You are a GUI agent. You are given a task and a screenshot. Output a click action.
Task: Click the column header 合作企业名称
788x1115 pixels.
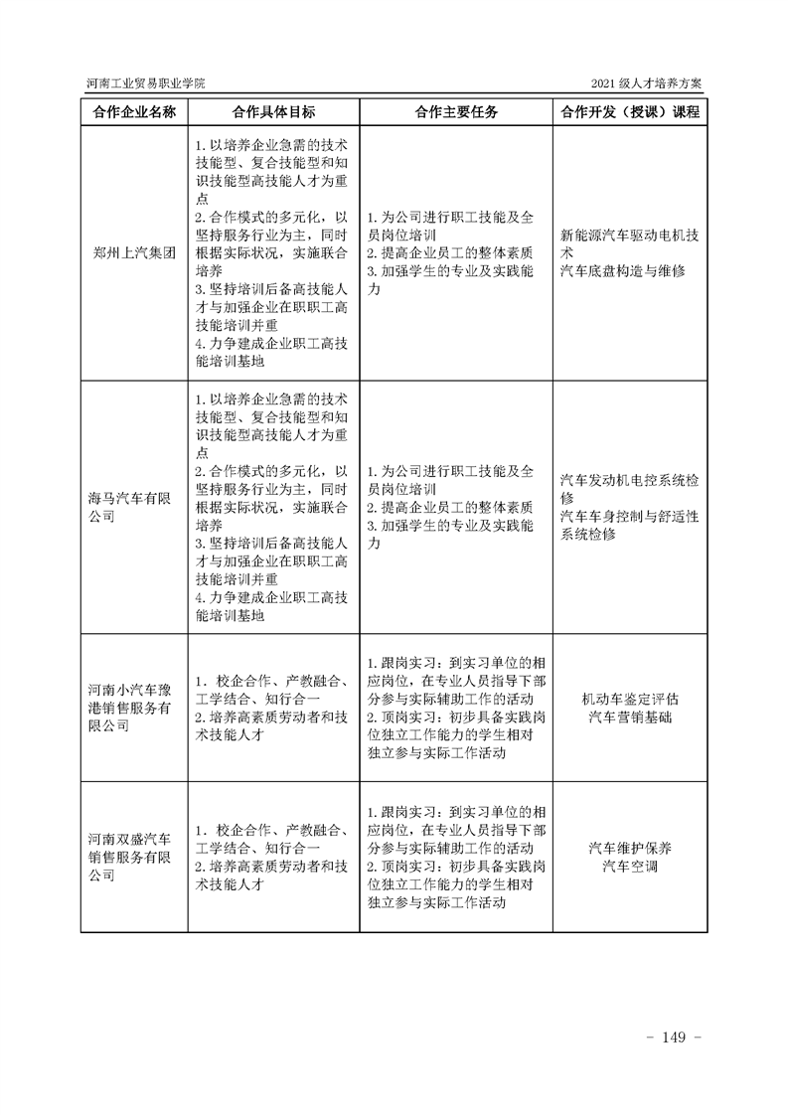coord(132,112)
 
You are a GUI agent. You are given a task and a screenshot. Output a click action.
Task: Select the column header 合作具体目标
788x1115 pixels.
coord(272,112)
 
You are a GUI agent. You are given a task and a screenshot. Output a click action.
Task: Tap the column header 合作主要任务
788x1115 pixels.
coord(456,112)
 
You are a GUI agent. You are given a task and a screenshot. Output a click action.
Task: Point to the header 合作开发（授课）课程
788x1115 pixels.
coord(630,112)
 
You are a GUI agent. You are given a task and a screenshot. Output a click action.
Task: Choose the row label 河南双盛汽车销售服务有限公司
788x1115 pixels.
coord(129,857)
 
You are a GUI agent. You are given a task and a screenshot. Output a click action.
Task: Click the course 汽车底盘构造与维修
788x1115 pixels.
coord(623,270)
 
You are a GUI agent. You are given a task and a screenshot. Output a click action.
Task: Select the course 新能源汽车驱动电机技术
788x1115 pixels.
coord(629,243)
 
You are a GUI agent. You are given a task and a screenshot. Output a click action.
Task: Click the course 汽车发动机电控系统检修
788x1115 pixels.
coord(629,488)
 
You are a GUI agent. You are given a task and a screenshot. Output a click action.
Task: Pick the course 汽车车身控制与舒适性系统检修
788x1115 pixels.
coord(629,525)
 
